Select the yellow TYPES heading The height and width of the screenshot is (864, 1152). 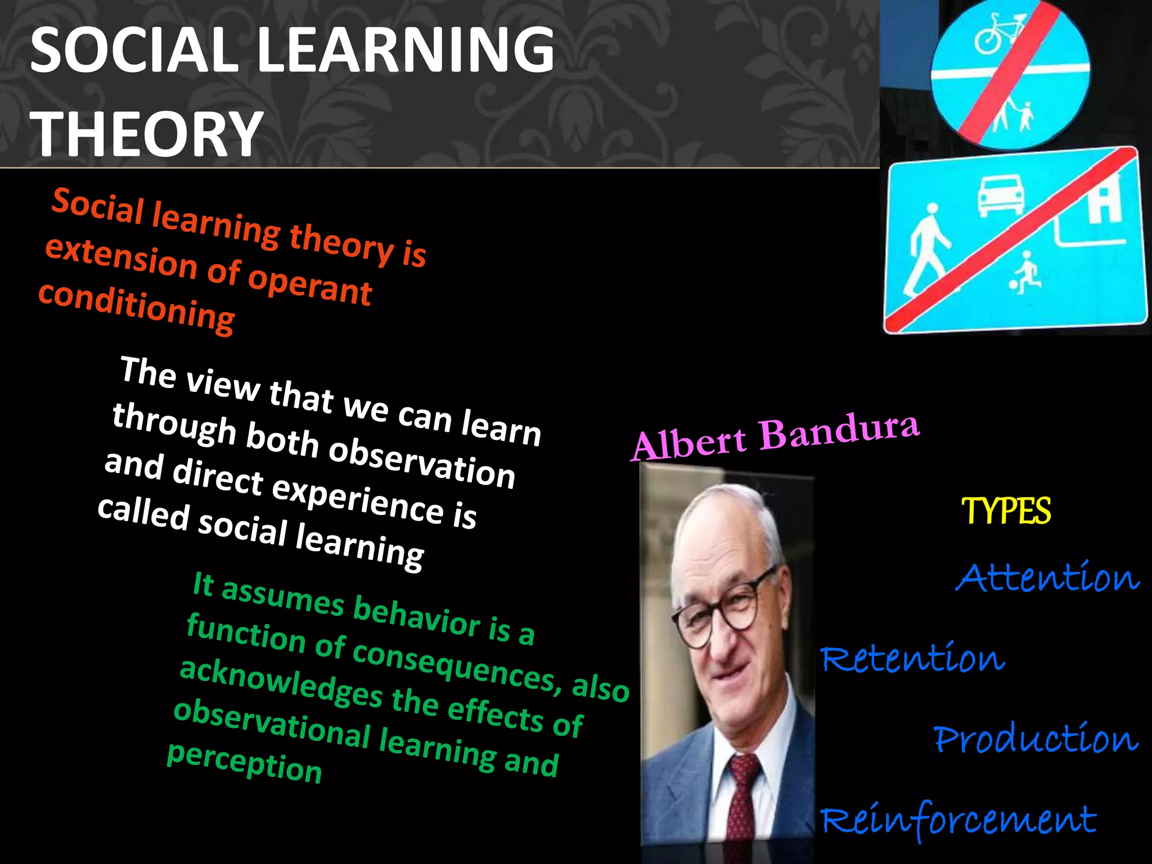[1006, 511]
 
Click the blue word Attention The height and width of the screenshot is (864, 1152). [1047, 577]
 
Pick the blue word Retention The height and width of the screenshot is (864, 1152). [912, 658]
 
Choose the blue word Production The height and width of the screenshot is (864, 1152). [1036, 738]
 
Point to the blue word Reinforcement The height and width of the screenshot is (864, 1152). [958, 820]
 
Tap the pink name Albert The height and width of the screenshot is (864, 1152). [688, 444]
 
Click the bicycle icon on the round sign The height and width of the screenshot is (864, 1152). [994, 35]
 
